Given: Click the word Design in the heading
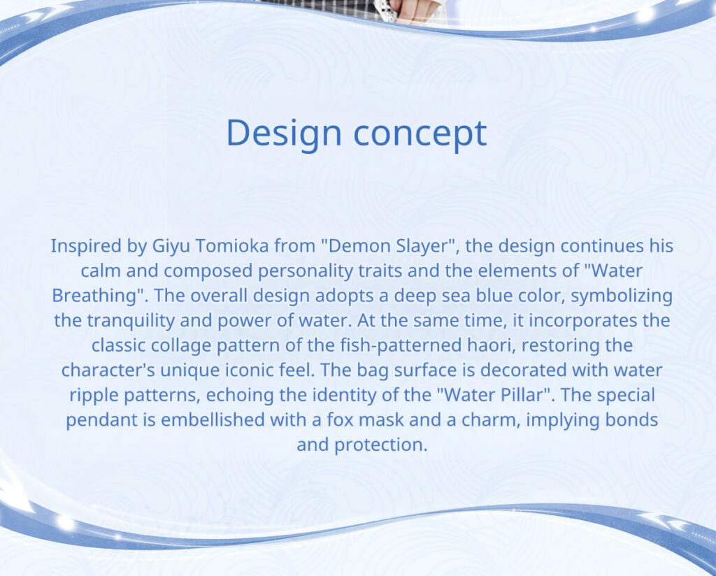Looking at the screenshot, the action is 284,133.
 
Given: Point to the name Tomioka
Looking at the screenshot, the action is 232,245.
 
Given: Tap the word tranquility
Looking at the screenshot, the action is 131,321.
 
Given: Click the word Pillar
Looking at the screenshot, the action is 521,395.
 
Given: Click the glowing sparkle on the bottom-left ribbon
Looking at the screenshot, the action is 65,522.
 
